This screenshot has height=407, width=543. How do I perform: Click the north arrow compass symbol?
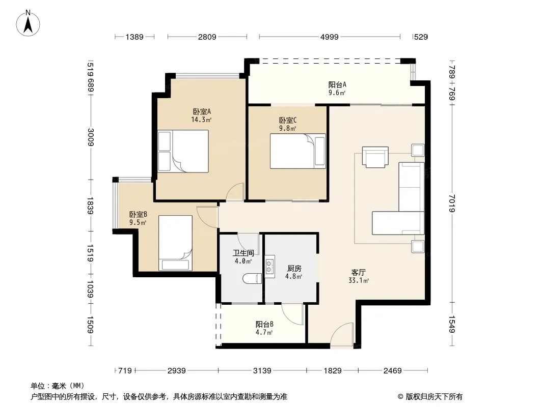[28, 23]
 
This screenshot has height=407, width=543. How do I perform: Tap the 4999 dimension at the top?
[330, 37]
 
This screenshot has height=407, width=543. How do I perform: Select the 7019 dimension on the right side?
[452, 203]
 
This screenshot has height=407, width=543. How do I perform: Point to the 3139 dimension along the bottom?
[262, 371]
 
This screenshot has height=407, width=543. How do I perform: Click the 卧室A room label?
[202, 112]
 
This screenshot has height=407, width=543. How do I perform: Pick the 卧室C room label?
[288, 121]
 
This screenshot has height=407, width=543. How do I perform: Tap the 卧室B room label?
[138, 214]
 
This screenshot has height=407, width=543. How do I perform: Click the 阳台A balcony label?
[337, 85]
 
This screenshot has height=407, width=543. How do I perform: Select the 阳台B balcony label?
[264, 325]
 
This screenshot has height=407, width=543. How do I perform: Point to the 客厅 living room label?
[359, 273]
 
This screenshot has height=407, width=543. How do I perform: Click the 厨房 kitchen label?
[294, 268]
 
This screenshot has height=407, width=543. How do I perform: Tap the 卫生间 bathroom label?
[243, 253]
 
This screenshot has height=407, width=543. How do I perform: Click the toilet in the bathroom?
[252, 278]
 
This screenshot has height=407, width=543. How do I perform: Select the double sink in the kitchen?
[269, 267]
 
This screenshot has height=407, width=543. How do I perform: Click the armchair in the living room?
[375, 157]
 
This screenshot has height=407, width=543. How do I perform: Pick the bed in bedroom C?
[298, 151]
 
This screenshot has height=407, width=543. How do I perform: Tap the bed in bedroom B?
[175, 243]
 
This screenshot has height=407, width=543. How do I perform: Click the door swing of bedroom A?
[235, 191]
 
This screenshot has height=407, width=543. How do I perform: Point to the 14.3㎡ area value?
[201, 120]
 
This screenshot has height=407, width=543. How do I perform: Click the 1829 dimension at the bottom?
[333, 371]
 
